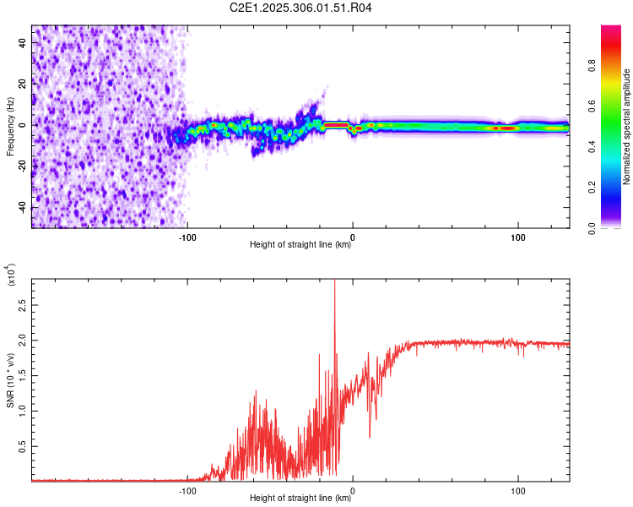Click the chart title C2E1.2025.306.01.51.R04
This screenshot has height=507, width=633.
pos(300,8)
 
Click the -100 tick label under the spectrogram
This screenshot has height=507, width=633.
pos(187,237)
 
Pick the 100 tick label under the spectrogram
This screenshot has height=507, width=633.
pos(517,237)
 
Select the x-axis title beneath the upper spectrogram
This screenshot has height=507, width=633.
pos(300,245)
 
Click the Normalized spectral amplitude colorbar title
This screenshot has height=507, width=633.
pos(627,127)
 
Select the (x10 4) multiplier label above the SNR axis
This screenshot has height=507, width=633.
pos(11,275)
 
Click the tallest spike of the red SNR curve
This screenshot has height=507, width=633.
pos(335,282)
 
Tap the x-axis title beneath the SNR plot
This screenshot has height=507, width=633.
pos(300,499)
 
